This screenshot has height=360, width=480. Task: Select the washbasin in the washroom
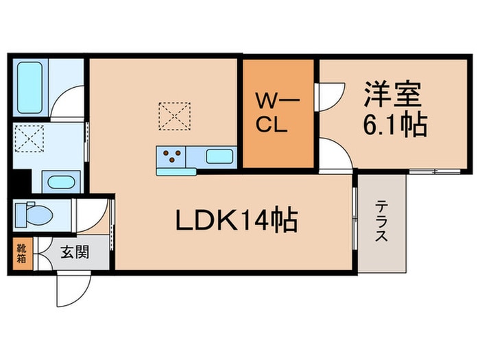pos(62,184)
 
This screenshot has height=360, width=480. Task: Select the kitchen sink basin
pos(217,156)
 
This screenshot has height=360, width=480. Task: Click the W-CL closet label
pos(276,114)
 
